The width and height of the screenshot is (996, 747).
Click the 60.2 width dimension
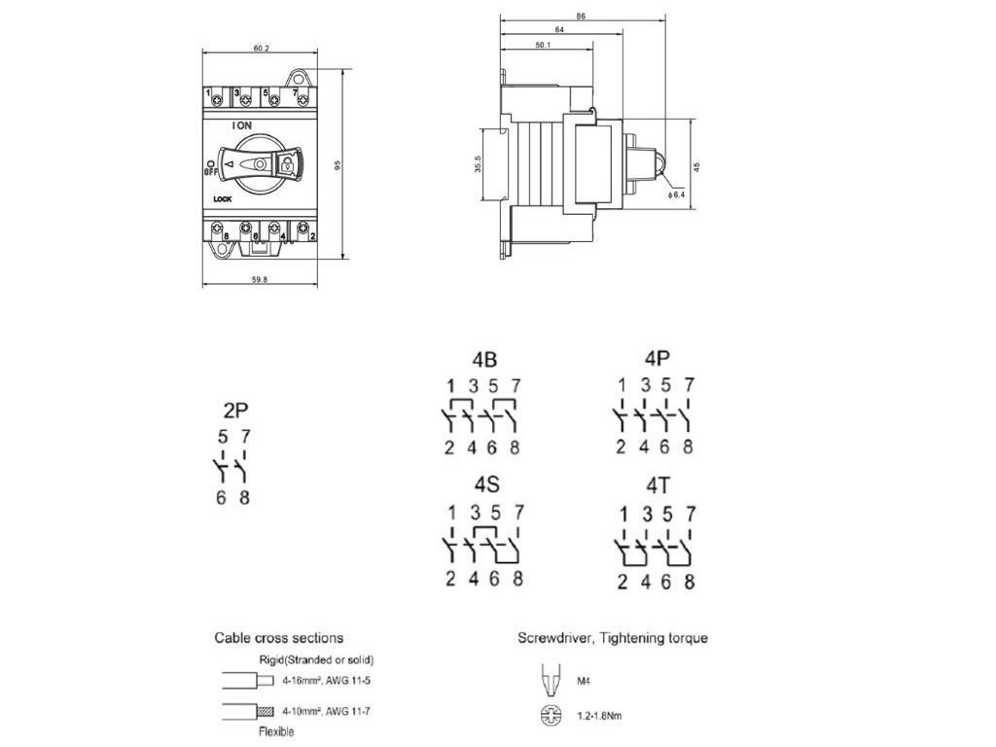[260, 47]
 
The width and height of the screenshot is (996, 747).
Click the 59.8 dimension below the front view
[260, 280]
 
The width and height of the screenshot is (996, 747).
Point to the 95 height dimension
[338, 165]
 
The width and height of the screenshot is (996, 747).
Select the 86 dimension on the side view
[581, 17]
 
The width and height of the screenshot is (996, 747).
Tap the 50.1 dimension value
[544, 45]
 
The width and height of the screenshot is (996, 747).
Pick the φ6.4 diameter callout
[678, 196]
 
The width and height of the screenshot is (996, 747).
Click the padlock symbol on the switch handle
[286, 166]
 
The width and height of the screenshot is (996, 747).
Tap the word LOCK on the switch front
[222, 200]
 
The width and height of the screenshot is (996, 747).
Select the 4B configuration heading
[483, 356]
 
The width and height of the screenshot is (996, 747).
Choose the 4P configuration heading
[655, 356]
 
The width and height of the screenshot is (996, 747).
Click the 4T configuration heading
[655, 484]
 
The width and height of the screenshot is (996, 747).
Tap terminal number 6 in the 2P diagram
[221, 498]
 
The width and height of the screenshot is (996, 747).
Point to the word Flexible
[276, 731]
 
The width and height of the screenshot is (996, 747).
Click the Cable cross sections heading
[278, 638]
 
